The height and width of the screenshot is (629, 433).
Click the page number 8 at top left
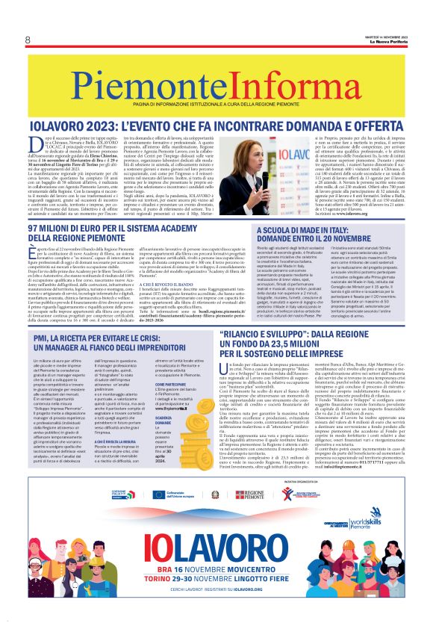point(28,40)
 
